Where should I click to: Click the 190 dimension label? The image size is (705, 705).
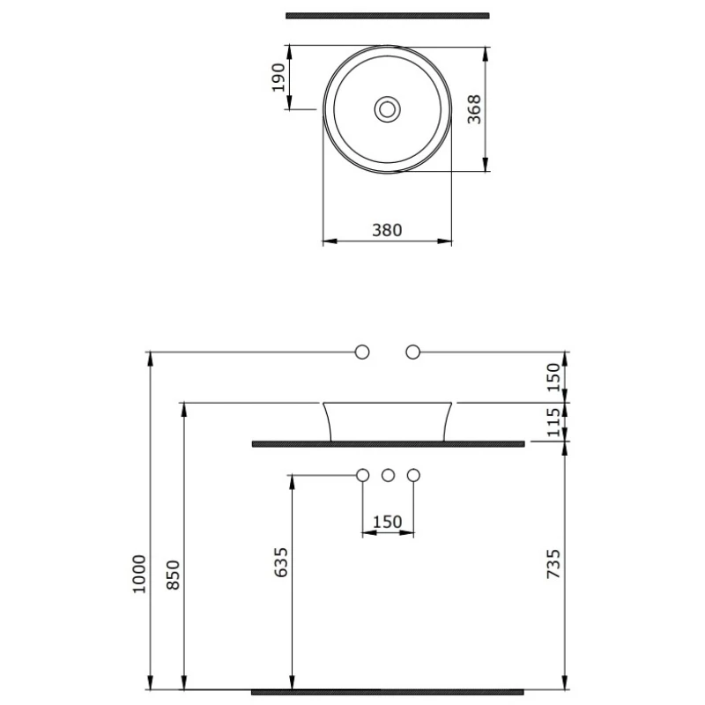coord(278,78)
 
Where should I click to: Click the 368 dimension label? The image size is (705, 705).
coord(474,109)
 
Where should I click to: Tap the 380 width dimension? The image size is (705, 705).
coord(387,230)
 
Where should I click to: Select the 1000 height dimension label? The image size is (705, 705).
coord(139,575)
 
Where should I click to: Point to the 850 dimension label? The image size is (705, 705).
coord(173,575)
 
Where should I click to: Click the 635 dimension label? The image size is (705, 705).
coord(280,562)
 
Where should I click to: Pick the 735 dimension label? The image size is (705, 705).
coord(553,564)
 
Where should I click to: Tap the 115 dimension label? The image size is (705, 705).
coord(553,422)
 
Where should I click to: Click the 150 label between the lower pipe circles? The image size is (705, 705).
coord(387,522)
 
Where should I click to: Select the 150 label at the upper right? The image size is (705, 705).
coord(553,377)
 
